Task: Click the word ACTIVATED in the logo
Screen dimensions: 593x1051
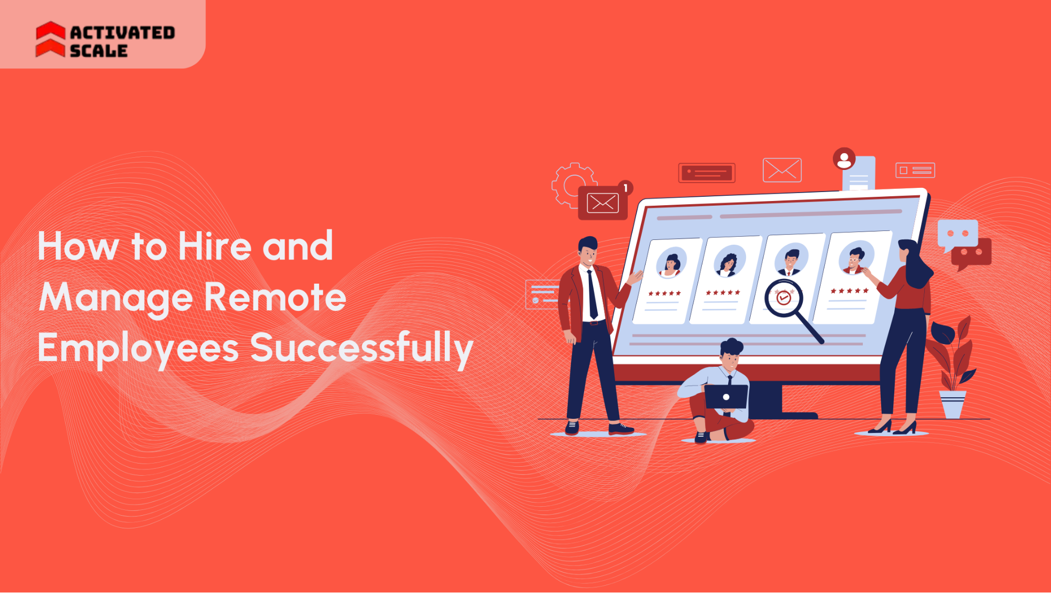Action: point(123,33)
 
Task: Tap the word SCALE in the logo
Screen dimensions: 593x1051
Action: point(99,51)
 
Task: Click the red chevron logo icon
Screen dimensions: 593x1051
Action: point(50,39)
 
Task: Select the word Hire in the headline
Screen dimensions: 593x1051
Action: point(215,246)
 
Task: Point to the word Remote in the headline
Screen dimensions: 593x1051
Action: point(275,297)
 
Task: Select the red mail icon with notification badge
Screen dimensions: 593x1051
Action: point(603,203)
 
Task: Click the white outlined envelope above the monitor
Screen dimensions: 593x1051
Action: point(782,170)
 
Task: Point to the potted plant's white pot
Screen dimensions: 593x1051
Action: point(953,404)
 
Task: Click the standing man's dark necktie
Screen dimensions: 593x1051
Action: point(593,295)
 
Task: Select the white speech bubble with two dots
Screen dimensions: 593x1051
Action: point(957,234)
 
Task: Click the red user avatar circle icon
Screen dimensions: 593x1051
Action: point(844,159)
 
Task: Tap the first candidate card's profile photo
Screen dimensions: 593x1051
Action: point(671,262)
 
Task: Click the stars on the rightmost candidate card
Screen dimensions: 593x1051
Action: point(849,291)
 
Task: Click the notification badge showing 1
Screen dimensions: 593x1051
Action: point(625,188)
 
